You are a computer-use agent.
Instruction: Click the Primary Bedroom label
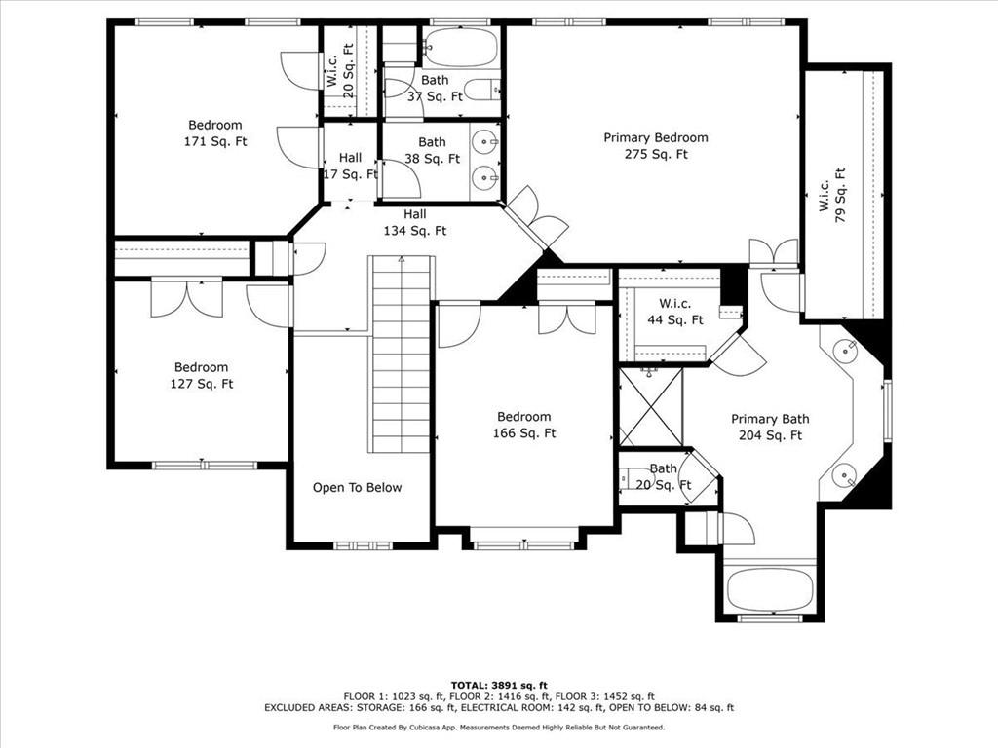[656, 146]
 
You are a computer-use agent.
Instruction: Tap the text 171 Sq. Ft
[215, 141]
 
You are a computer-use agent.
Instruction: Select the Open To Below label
[357, 487]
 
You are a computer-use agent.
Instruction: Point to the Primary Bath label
[770, 427]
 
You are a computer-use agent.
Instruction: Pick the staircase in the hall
[402, 354]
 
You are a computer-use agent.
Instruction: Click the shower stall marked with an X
[650, 406]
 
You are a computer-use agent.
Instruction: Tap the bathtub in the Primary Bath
[770, 589]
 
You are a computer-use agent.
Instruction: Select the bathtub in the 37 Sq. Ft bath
[460, 47]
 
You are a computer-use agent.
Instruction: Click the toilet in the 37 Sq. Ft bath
[483, 90]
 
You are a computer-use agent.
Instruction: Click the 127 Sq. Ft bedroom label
[201, 375]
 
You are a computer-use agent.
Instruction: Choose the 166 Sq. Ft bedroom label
[523, 425]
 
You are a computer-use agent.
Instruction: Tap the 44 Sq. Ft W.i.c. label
[674, 312]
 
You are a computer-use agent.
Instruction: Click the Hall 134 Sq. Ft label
[414, 223]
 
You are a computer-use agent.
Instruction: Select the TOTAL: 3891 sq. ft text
[499, 685]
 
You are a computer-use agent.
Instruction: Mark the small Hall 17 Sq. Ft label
[350, 166]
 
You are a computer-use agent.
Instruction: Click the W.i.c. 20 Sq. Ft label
[340, 70]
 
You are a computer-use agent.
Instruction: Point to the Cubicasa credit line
[499, 727]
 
